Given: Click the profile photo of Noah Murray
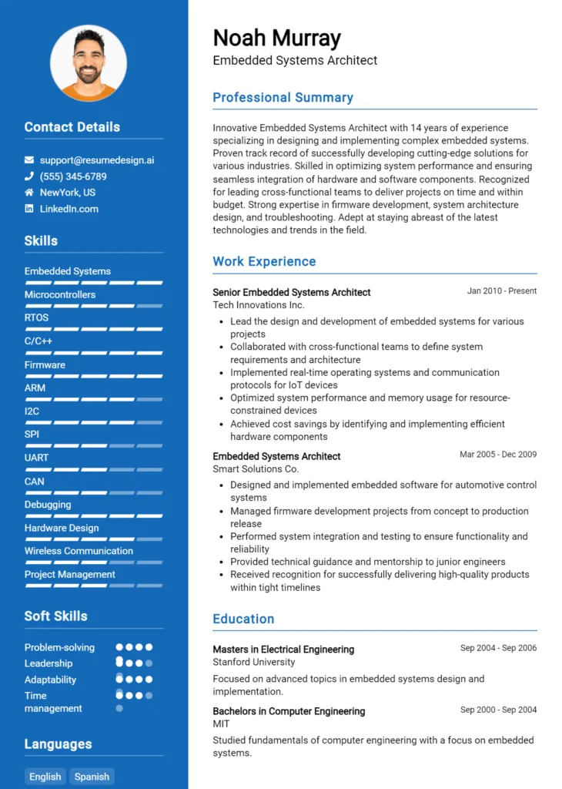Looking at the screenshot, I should click(x=89, y=63).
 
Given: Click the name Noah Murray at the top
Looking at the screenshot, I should click(x=276, y=38).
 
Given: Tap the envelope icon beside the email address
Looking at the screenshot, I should click(x=29, y=160).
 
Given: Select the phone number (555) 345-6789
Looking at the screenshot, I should click(x=73, y=176).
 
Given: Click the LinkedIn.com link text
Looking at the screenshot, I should click(x=69, y=209).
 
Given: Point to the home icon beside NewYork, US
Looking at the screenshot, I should click(x=29, y=193).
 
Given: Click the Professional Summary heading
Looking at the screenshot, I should click(x=283, y=98).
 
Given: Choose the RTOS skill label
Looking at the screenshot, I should click(x=36, y=317).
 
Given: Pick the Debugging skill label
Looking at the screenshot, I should click(x=48, y=505).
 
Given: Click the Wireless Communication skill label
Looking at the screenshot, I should click(x=79, y=551).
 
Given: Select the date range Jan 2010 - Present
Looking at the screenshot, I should click(x=502, y=291).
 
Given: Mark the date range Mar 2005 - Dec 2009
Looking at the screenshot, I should click(x=498, y=455).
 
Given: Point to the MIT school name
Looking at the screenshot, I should click(x=221, y=724).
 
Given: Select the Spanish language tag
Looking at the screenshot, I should click(x=92, y=777).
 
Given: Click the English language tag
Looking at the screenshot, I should click(x=45, y=777).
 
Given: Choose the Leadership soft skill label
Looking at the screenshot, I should click(x=49, y=663).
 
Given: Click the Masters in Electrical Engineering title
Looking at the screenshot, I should click(x=283, y=650).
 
